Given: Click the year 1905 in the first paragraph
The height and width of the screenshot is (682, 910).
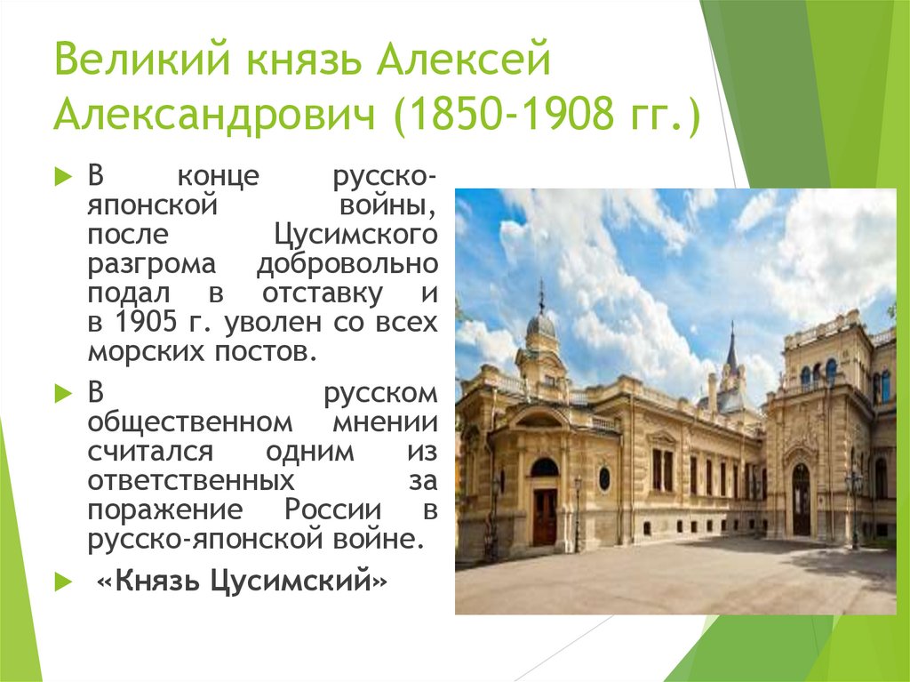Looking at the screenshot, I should pos(143,322).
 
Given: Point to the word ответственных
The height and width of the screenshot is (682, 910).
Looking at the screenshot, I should pos(190,480).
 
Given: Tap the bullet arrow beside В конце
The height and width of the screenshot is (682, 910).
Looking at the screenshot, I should pos(62,176).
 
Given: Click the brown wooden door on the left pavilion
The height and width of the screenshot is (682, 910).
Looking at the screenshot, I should pos(544,517).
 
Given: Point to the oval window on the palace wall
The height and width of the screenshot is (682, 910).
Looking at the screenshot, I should pos(604,478).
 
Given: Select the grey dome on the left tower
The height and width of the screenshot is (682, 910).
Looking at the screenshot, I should pos(540,325).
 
